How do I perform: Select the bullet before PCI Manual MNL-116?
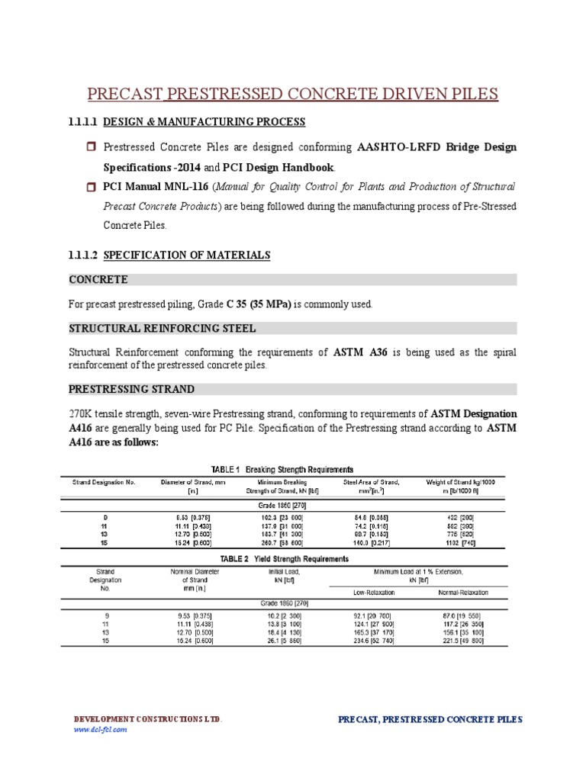(x=90, y=186)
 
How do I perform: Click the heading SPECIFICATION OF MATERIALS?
(x=186, y=255)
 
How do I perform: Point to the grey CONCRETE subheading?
(x=98, y=280)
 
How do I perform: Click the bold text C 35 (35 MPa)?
(x=259, y=304)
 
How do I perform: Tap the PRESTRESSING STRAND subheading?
(x=131, y=389)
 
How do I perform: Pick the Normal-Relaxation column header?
(x=463, y=592)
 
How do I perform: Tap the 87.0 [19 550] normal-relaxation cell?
(x=463, y=614)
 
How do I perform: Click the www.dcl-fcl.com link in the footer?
(x=100, y=729)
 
